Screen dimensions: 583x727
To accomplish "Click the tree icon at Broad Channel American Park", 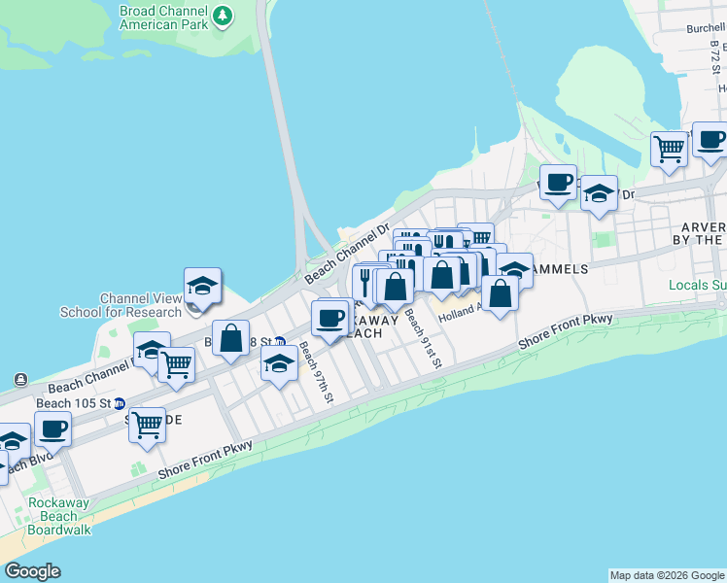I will click(x=223, y=16).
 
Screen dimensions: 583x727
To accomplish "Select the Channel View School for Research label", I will click(x=121, y=305).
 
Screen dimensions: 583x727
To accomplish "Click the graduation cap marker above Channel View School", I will click(x=202, y=286).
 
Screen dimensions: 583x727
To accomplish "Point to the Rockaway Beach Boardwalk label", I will click(x=59, y=516).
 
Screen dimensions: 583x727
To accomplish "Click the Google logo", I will click(x=32, y=571).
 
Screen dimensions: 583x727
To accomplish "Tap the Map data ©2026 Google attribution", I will click(x=666, y=575).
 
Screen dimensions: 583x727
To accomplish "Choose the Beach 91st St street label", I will click(x=424, y=338).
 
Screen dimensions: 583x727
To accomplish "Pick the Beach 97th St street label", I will click(x=317, y=372).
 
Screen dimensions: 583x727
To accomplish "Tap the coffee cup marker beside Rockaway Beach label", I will click(x=330, y=318).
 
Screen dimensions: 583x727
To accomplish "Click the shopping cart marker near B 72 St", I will click(x=669, y=149).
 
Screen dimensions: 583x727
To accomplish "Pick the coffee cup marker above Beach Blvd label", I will click(x=52, y=428).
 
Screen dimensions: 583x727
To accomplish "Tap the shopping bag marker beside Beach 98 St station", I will click(x=231, y=339).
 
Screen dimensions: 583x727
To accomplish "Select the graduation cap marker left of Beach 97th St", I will click(x=279, y=363).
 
